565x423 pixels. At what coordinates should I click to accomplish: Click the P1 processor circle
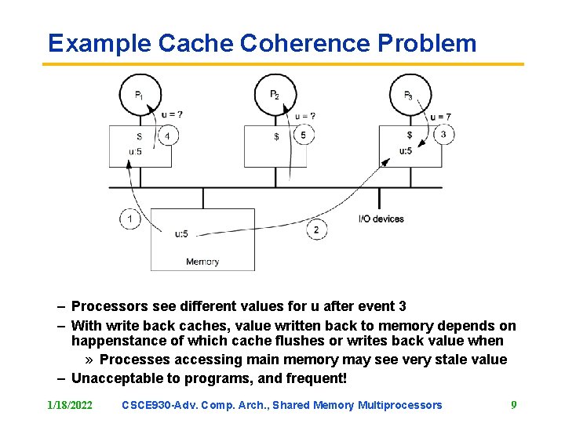pos(140,95)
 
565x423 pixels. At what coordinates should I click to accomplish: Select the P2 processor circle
pos(275,95)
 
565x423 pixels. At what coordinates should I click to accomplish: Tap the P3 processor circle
pos(410,95)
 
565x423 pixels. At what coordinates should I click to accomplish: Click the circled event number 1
pos(129,219)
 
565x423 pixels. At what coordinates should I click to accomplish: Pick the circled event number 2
pos(315,230)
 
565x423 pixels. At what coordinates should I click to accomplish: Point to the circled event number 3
pos(443,134)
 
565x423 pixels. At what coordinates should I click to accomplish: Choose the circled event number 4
pos(167,136)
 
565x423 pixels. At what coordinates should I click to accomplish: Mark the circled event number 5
pos(304,136)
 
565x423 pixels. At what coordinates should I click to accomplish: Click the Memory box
pos(202,240)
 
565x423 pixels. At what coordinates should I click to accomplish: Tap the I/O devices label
pos(381,219)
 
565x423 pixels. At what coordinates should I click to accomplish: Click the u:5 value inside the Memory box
pos(181,233)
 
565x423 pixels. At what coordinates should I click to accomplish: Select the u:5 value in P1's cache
pos(134,151)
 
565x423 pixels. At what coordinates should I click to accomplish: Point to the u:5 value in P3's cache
pos(406,150)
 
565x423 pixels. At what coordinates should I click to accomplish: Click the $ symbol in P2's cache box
pos(275,137)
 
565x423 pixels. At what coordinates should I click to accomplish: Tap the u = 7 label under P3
pos(440,117)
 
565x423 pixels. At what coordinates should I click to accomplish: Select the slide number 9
pos(514,405)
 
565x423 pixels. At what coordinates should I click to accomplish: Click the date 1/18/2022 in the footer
pos(69,405)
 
